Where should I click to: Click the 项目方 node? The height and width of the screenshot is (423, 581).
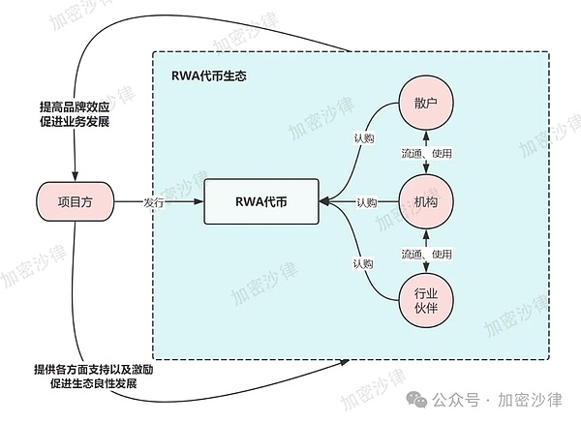pyautogui.click(x=75, y=201)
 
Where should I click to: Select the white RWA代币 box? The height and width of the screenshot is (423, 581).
pyautogui.click(x=261, y=201)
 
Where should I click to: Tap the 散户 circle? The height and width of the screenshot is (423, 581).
pyautogui.click(x=426, y=104)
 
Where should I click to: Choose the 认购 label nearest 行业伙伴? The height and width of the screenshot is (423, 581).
pyautogui.click(x=362, y=263)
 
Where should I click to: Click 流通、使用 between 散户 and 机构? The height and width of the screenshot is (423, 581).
pyautogui.click(x=427, y=153)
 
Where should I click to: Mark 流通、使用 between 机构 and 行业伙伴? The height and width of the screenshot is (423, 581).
pyautogui.click(x=427, y=253)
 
